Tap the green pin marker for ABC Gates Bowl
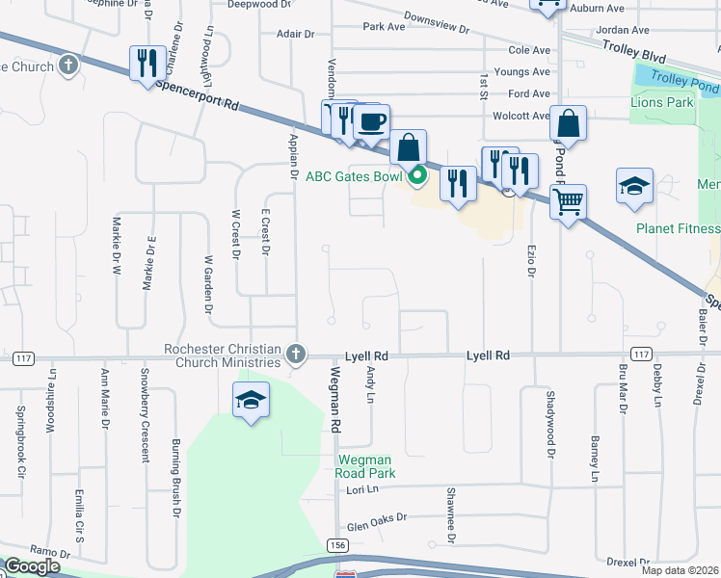coord(417,176)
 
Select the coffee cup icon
coord(371,122)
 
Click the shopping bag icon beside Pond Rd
coord(569,124)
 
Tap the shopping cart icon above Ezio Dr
coord(569,202)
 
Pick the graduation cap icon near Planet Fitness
coord(634,186)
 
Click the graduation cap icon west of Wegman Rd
coord(251,400)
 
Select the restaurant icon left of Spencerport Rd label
coord(147,65)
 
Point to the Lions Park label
coord(662,102)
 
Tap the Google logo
coord(32,566)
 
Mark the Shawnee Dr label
coord(450,510)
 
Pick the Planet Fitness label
coord(678,228)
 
